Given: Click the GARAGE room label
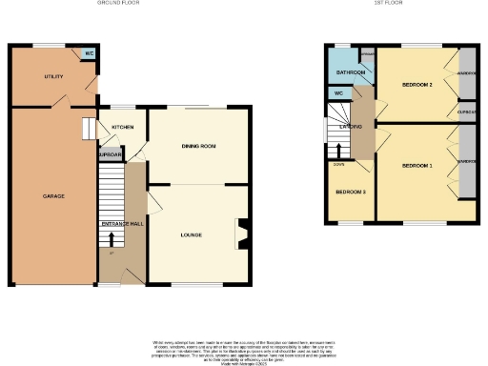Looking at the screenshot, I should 53,196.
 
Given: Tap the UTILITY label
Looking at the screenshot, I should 53,75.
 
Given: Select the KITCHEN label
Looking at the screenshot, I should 123,127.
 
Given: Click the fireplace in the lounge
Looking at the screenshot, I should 242,233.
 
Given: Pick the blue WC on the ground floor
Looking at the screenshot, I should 89,54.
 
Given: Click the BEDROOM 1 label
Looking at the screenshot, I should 417,166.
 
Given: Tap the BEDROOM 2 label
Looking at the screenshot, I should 417,86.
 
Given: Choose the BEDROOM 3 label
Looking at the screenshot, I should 350,193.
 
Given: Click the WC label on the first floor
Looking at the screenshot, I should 338,93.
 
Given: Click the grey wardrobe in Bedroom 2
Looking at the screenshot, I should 466,72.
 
